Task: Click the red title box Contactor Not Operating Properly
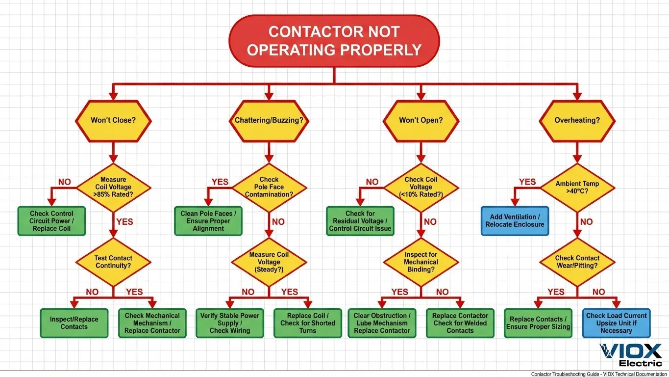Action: point(334,41)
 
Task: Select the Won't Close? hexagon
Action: point(113,121)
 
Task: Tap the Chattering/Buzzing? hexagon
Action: point(269,121)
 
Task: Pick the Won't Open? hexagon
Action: point(421,121)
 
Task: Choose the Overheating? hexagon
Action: point(577,121)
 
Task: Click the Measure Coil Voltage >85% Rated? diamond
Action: point(113,187)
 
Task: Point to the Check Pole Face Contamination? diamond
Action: point(269,187)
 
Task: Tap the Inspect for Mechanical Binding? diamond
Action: point(421,262)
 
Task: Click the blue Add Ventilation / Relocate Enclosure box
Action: point(515,221)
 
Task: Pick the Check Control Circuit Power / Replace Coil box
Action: point(51,221)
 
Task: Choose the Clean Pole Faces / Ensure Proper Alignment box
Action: point(208,221)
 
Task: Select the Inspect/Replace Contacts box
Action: point(74,323)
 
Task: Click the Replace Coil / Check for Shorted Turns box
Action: point(308,323)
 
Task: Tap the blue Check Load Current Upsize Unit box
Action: point(616,323)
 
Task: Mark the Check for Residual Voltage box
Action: point(360,221)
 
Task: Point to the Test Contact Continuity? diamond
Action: point(113,262)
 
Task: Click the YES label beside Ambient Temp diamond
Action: point(527,182)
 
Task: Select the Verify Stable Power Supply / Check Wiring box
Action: point(230,323)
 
